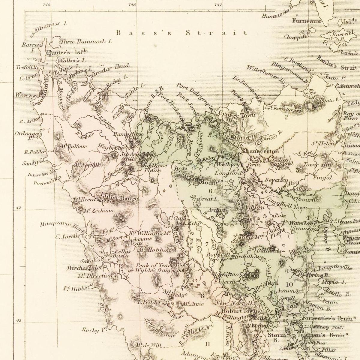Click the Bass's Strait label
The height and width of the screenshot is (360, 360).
tap(182, 33)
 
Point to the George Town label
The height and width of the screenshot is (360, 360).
tap(237, 115)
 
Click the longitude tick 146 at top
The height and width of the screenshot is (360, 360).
tap(132, 5)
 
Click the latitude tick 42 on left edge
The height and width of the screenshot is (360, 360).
tap(18, 208)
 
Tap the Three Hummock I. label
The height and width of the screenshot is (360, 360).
tap(86, 41)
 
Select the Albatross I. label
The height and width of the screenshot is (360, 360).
tap(51, 27)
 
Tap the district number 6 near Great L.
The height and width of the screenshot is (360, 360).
tap(210, 191)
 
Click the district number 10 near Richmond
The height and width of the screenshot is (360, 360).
tap(289, 284)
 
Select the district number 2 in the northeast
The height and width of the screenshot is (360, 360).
tap(286, 117)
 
